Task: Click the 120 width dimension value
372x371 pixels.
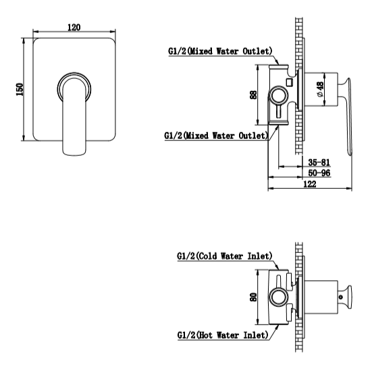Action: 74,27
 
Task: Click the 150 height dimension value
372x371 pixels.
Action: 20,89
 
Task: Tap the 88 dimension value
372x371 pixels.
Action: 253,95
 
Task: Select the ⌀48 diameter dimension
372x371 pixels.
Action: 320,89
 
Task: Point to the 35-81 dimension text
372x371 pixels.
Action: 319,163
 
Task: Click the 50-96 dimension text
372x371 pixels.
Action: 319,173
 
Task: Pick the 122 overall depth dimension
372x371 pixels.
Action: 310,184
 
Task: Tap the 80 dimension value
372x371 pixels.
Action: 253,297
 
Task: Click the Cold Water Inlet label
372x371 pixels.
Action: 225,256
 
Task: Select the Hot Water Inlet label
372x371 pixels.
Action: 223,335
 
